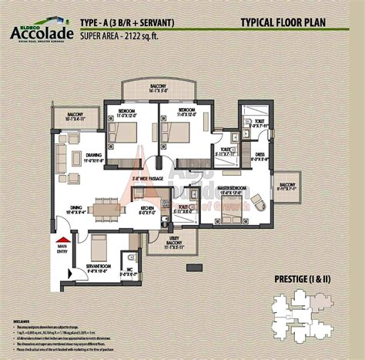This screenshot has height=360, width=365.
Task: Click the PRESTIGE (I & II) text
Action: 303,278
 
